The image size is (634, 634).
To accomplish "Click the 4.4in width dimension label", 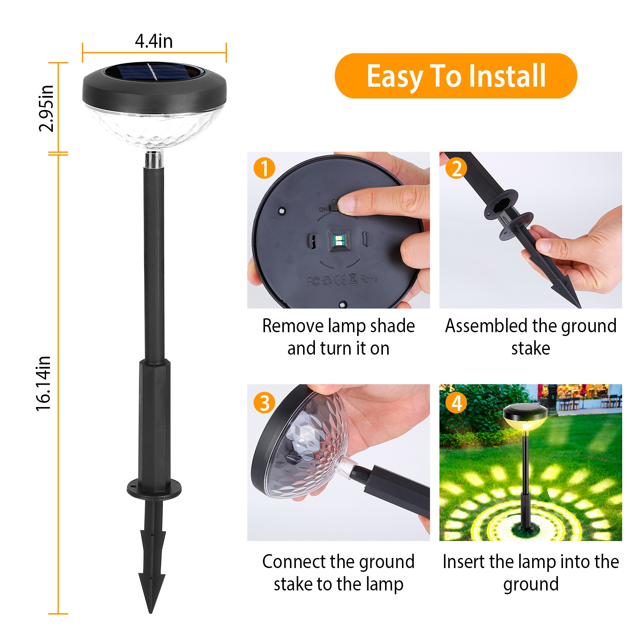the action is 154,41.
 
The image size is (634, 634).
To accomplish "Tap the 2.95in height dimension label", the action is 46,109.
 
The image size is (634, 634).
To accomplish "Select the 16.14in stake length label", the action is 43,383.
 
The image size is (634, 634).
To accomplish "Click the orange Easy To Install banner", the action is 456,76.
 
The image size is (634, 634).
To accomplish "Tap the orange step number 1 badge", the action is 264,168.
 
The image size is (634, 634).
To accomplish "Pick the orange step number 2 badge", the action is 456,168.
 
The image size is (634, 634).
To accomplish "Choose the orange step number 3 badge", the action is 264,403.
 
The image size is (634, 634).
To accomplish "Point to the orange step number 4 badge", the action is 456,403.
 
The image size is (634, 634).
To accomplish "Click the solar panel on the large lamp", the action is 154,71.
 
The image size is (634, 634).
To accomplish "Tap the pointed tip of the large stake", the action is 151,612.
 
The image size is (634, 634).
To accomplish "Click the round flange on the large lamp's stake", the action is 154,488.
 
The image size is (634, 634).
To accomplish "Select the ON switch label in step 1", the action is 323,209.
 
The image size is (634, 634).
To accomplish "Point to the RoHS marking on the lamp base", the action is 369,279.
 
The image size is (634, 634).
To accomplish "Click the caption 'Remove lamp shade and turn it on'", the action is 338,337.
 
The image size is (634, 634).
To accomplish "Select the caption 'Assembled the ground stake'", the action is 531,337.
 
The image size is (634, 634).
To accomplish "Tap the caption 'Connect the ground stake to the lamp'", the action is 338,573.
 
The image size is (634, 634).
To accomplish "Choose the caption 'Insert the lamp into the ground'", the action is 531,573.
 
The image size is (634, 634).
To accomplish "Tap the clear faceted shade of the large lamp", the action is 154,127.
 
